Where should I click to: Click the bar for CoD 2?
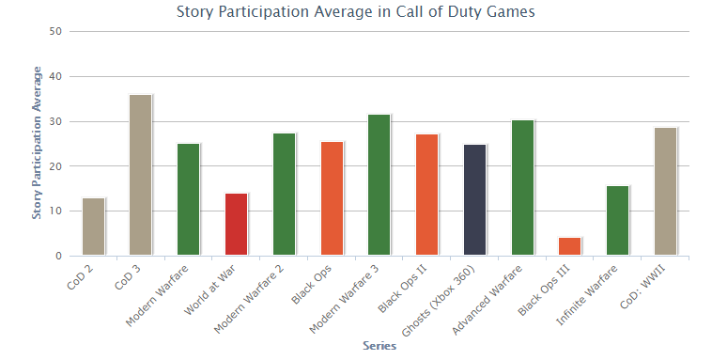(x=94, y=227)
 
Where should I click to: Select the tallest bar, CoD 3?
(x=141, y=175)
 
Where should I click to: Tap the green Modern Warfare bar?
(x=189, y=199)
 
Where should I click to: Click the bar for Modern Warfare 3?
(x=379, y=185)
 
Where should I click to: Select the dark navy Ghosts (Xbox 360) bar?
(x=475, y=200)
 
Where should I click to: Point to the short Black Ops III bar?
(x=570, y=246)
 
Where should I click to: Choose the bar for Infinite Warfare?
(x=618, y=221)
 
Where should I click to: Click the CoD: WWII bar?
(x=666, y=192)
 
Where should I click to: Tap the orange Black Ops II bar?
(x=427, y=195)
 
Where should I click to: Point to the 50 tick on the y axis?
(x=55, y=31)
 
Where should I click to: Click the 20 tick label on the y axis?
(x=55, y=166)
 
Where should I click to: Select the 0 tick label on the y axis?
(x=58, y=256)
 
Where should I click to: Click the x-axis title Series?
(x=379, y=346)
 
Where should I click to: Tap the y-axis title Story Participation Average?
(x=38, y=143)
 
